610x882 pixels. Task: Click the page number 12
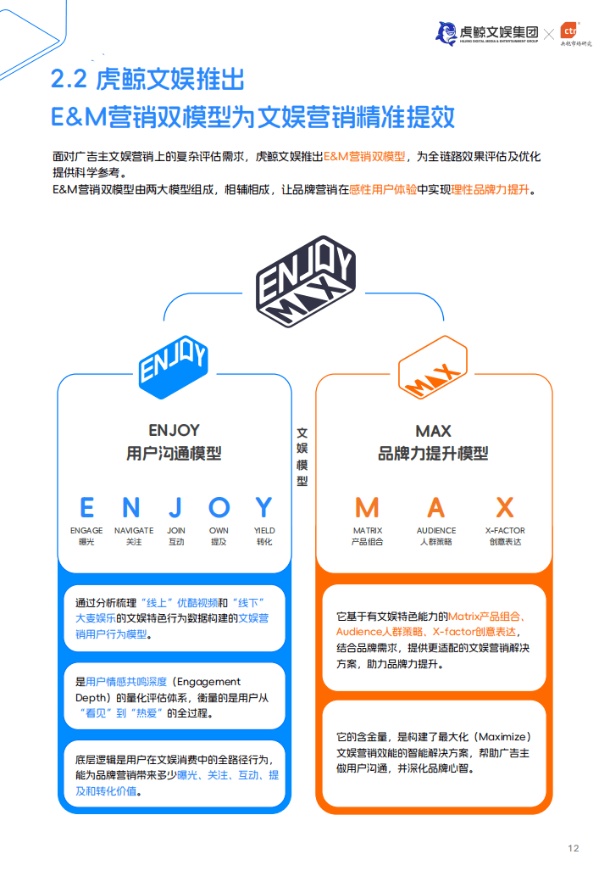pyautogui.click(x=573, y=848)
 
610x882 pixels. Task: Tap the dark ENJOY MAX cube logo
pyautogui.click(x=305, y=281)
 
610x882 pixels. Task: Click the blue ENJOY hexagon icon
pyautogui.click(x=174, y=367)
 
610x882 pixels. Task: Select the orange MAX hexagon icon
pyautogui.click(x=432, y=367)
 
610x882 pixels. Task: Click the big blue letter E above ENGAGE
pyautogui.click(x=87, y=507)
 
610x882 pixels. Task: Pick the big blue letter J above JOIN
pyautogui.click(x=175, y=507)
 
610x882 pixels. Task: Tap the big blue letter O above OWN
pyautogui.click(x=219, y=507)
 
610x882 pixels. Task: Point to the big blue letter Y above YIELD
pyautogui.click(x=264, y=507)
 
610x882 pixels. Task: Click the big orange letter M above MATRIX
pyautogui.click(x=368, y=507)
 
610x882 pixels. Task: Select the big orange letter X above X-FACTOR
pyautogui.click(x=505, y=507)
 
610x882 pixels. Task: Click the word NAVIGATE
pyautogui.click(x=134, y=530)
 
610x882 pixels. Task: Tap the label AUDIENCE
pyautogui.click(x=436, y=530)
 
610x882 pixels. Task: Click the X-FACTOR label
pyautogui.click(x=505, y=530)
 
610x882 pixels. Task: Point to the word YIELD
pyautogui.click(x=264, y=530)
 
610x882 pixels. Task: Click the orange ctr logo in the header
pyautogui.click(x=569, y=31)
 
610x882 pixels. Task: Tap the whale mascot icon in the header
pyautogui.click(x=446, y=33)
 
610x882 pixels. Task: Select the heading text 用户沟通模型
pyautogui.click(x=175, y=454)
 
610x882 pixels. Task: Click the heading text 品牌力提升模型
pyautogui.click(x=433, y=454)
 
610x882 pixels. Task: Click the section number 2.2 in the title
pyautogui.click(x=69, y=79)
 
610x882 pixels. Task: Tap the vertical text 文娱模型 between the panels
pyautogui.click(x=302, y=457)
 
